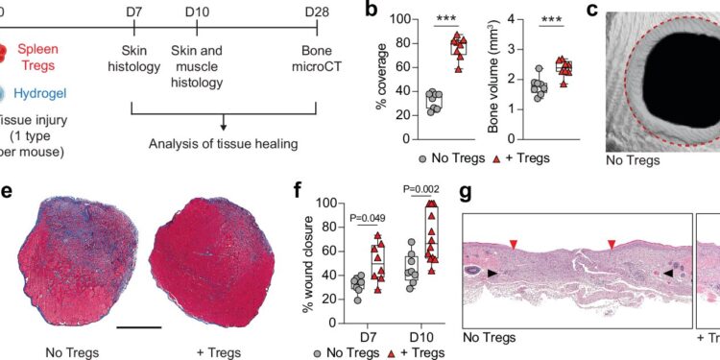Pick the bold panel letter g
(x=467, y=192)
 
